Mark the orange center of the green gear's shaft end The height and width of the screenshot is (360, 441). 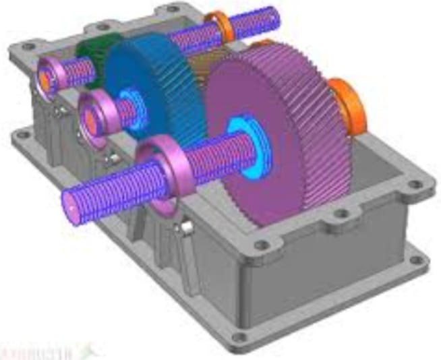pos(45,78)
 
